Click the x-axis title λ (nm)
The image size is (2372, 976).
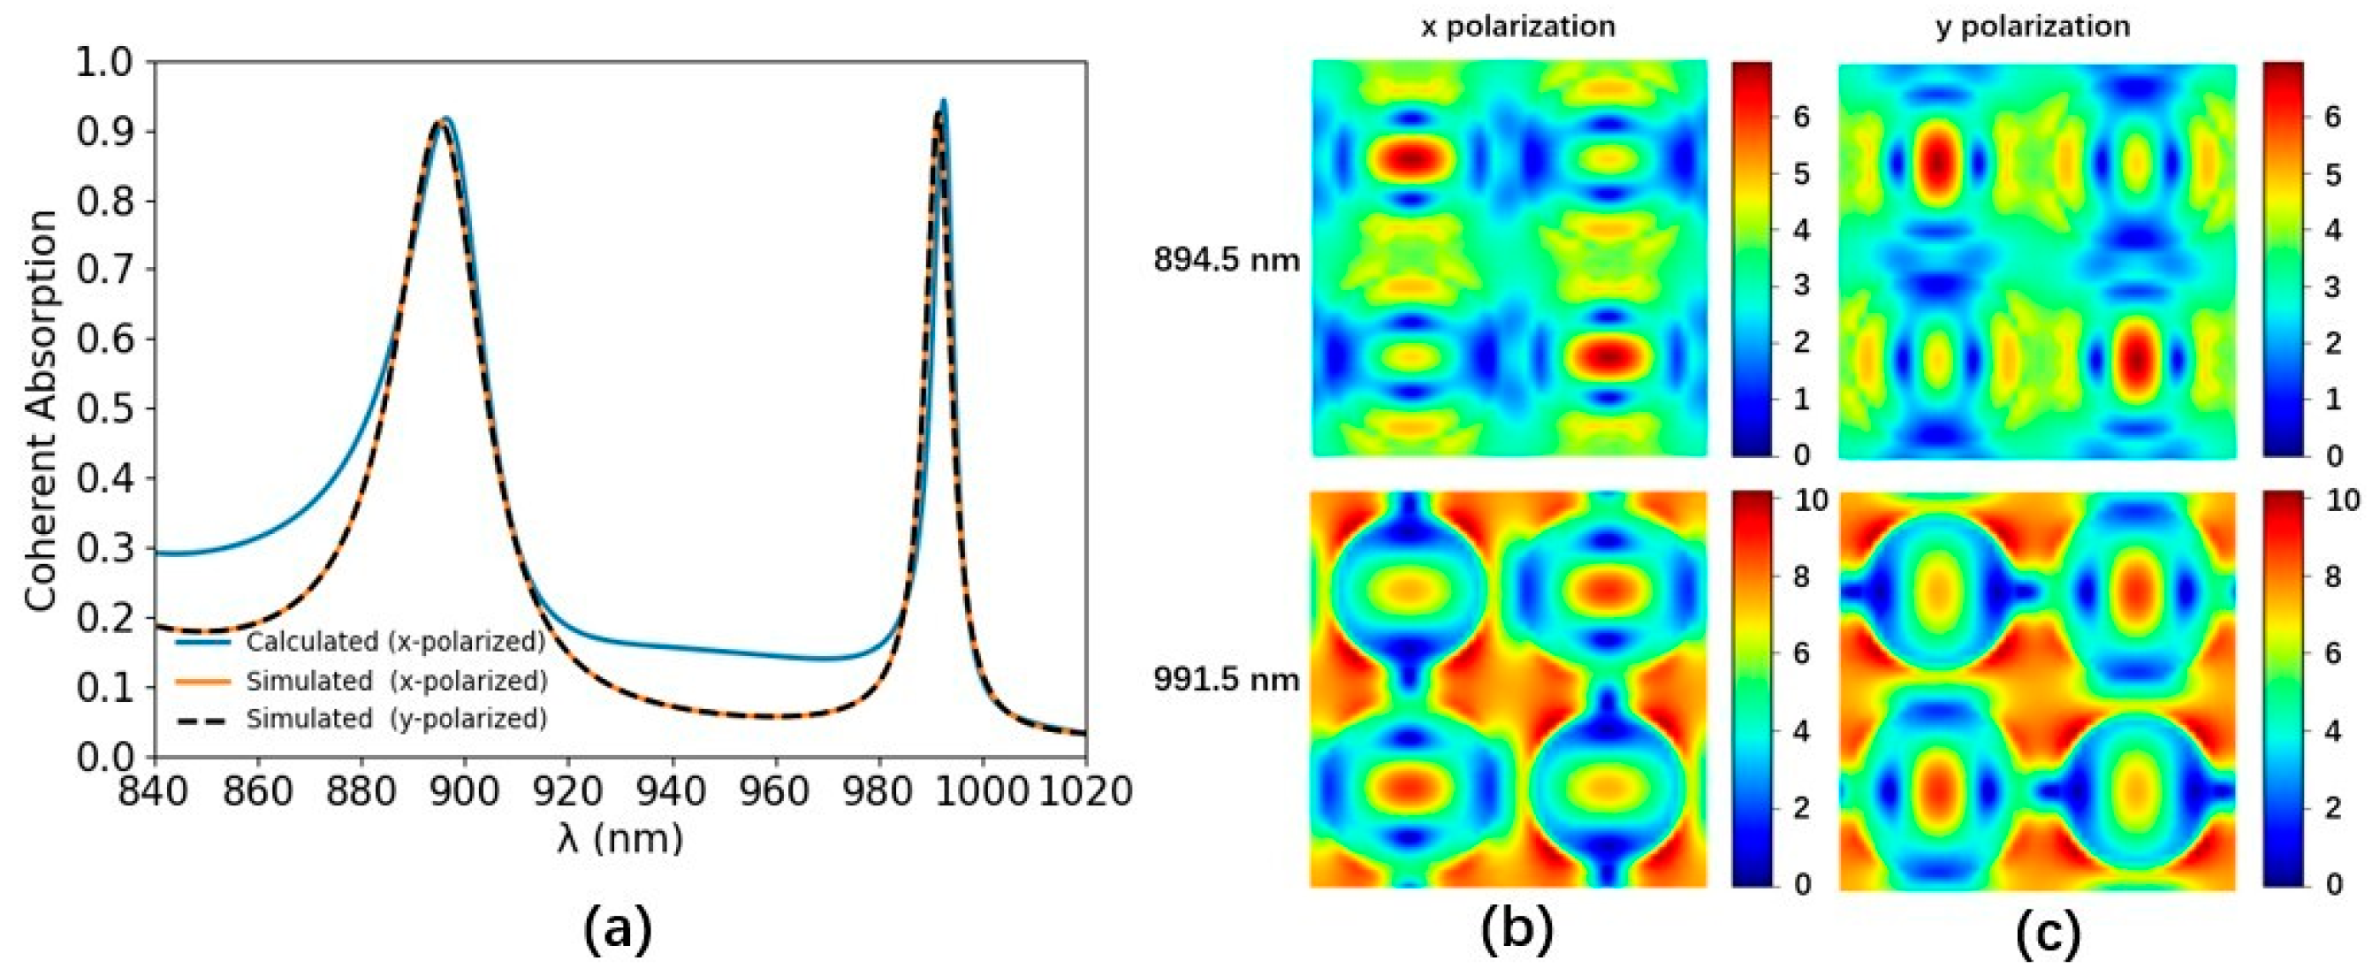coord(620,838)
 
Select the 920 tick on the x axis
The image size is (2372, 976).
coord(568,790)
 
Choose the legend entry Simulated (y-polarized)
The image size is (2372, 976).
coord(396,718)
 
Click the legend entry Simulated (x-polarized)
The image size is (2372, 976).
coord(396,681)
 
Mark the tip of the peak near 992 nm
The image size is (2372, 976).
coord(943,102)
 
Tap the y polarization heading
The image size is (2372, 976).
coord(2034,27)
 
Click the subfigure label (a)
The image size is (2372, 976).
coord(618,930)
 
